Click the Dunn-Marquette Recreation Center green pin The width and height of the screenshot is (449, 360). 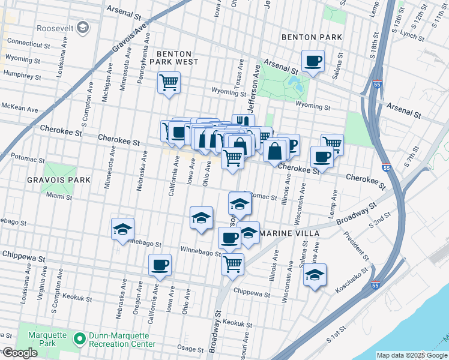click(78, 340)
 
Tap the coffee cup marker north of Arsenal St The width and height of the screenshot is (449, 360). click(313, 61)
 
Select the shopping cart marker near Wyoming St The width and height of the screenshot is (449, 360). click(169, 83)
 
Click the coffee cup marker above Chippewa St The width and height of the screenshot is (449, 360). click(160, 265)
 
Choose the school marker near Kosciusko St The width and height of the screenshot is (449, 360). click(315, 275)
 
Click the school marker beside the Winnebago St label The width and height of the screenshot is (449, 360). click(122, 229)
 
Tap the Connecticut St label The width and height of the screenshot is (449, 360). click(29, 44)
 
